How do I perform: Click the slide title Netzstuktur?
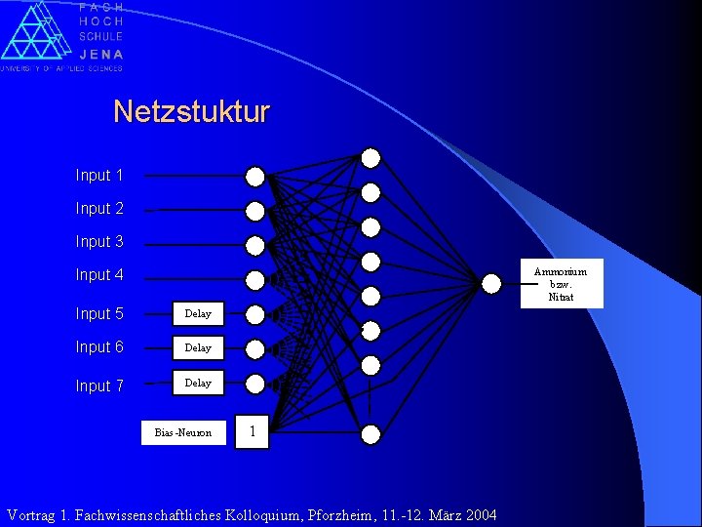pyautogui.click(x=191, y=111)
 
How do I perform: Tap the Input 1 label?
pyautogui.click(x=99, y=176)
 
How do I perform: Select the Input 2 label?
pyautogui.click(x=99, y=209)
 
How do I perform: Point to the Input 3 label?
pyautogui.click(x=99, y=242)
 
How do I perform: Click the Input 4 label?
pyautogui.click(x=99, y=275)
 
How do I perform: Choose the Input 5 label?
pyautogui.click(x=99, y=314)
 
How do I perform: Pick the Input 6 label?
pyautogui.click(x=99, y=347)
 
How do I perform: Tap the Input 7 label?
pyautogui.click(x=99, y=386)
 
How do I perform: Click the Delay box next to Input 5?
pyautogui.click(x=198, y=314)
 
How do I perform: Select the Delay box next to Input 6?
pyautogui.click(x=198, y=347)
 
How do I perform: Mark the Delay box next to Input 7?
pyautogui.click(x=198, y=383)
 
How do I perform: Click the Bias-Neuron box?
pyautogui.click(x=183, y=432)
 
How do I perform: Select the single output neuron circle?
pyautogui.click(x=491, y=283)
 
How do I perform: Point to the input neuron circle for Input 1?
pyautogui.click(x=254, y=177)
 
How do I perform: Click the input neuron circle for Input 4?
pyautogui.click(x=254, y=280)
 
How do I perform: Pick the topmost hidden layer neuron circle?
pyautogui.click(x=370, y=158)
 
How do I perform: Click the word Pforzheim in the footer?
pyautogui.click(x=370, y=515)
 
